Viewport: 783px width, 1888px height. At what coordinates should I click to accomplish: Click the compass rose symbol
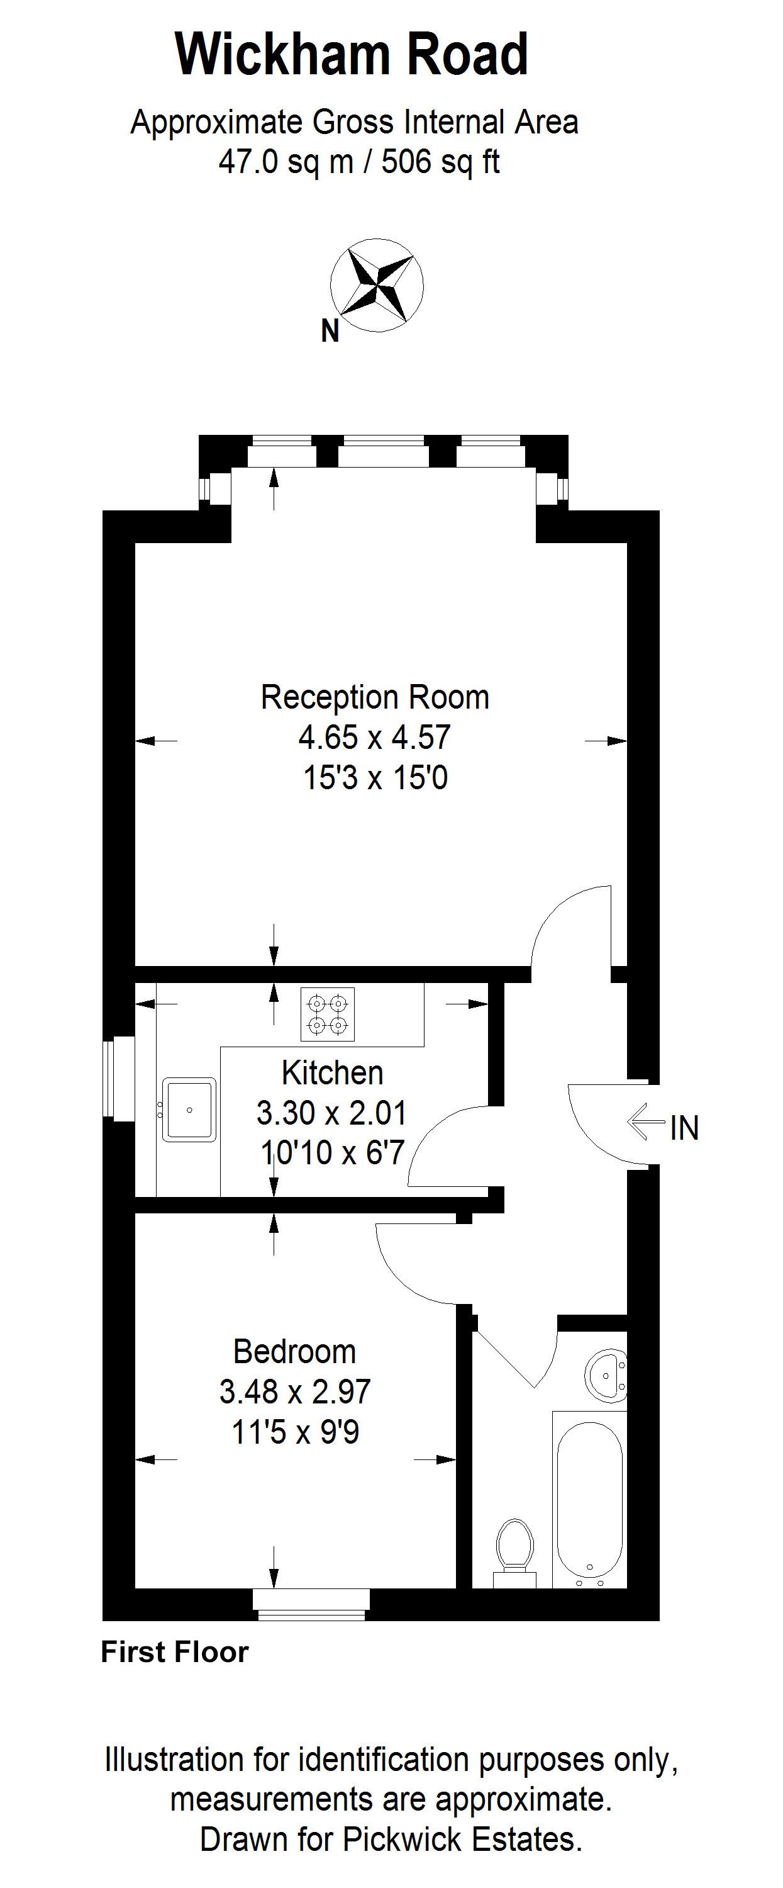click(x=377, y=285)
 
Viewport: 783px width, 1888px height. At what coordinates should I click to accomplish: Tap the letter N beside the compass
click(x=330, y=331)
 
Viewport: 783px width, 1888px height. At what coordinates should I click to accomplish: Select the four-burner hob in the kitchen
click(x=328, y=1014)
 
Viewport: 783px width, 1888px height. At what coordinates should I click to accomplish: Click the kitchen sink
click(x=189, y=1110)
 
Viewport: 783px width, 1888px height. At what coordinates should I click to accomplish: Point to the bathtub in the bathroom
click(x=590, y=1499)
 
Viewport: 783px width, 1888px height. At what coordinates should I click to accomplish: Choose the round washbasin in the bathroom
click(x=606, y=1375)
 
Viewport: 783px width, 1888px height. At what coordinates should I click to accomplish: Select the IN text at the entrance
click(x=685, y=1128)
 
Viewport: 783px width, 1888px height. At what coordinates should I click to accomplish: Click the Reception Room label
click(x=375, y=697)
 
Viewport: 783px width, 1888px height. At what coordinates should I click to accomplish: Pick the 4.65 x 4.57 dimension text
click(x=374, y=738)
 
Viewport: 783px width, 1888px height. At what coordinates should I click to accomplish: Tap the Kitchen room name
click(x=333, y=1073)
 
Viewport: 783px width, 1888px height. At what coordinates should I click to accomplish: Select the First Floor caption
click(x=175, y=1653)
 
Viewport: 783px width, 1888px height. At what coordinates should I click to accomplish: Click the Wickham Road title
click(x=352, y=54)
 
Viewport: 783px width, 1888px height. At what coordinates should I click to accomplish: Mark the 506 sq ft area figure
click(x=441, y=162)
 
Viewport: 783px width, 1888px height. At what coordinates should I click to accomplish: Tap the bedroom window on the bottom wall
click(x=311, y=1604)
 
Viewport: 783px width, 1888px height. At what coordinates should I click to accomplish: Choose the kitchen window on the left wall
click(x=119, y=1078)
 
